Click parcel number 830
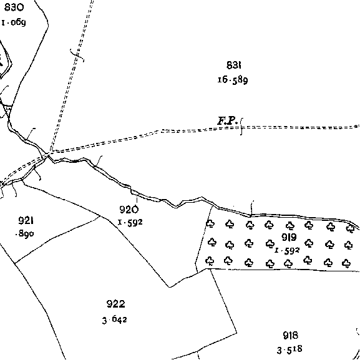(14, 7)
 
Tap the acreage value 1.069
(14, 22)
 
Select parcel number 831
(234, 65)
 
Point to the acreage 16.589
(233, 80)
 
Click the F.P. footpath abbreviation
(227, 121)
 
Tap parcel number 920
(129, 209)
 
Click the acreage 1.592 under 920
(130, 222)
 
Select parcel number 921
(26, 221)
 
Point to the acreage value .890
(25, 234)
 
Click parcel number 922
(116, 304)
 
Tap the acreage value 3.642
(115, 319)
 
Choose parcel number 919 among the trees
(289, 237)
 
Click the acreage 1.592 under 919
(287, 250)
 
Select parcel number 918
(291, 336)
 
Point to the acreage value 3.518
(289, 349)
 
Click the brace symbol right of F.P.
(241, 127)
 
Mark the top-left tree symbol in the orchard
(210, 223)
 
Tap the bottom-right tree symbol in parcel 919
(346, 263)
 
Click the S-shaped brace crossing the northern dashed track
(77, 56)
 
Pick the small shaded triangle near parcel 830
(8, 110)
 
